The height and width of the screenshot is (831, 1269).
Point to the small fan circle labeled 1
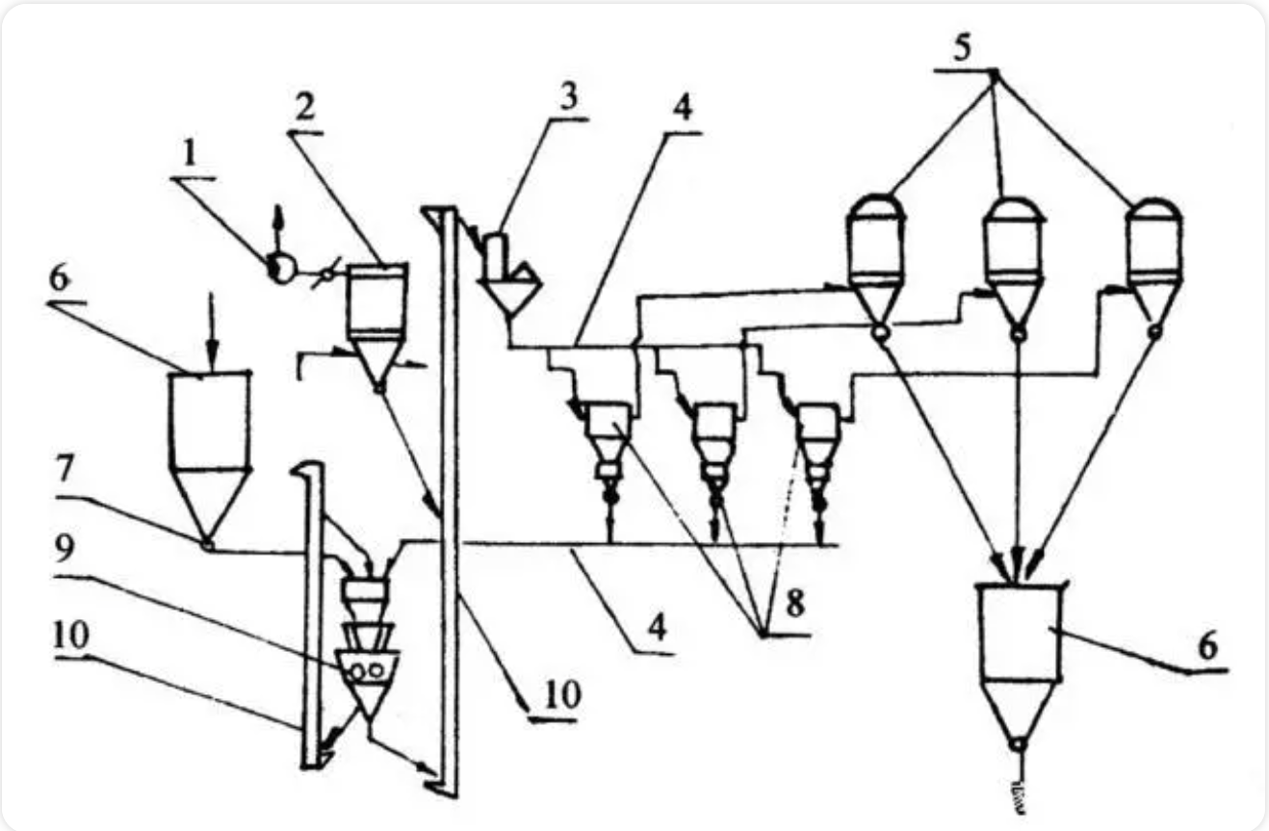point(280,269)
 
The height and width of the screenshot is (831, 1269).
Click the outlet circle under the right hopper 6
point(1018,744)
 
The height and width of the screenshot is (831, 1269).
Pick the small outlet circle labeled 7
point(208,545)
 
